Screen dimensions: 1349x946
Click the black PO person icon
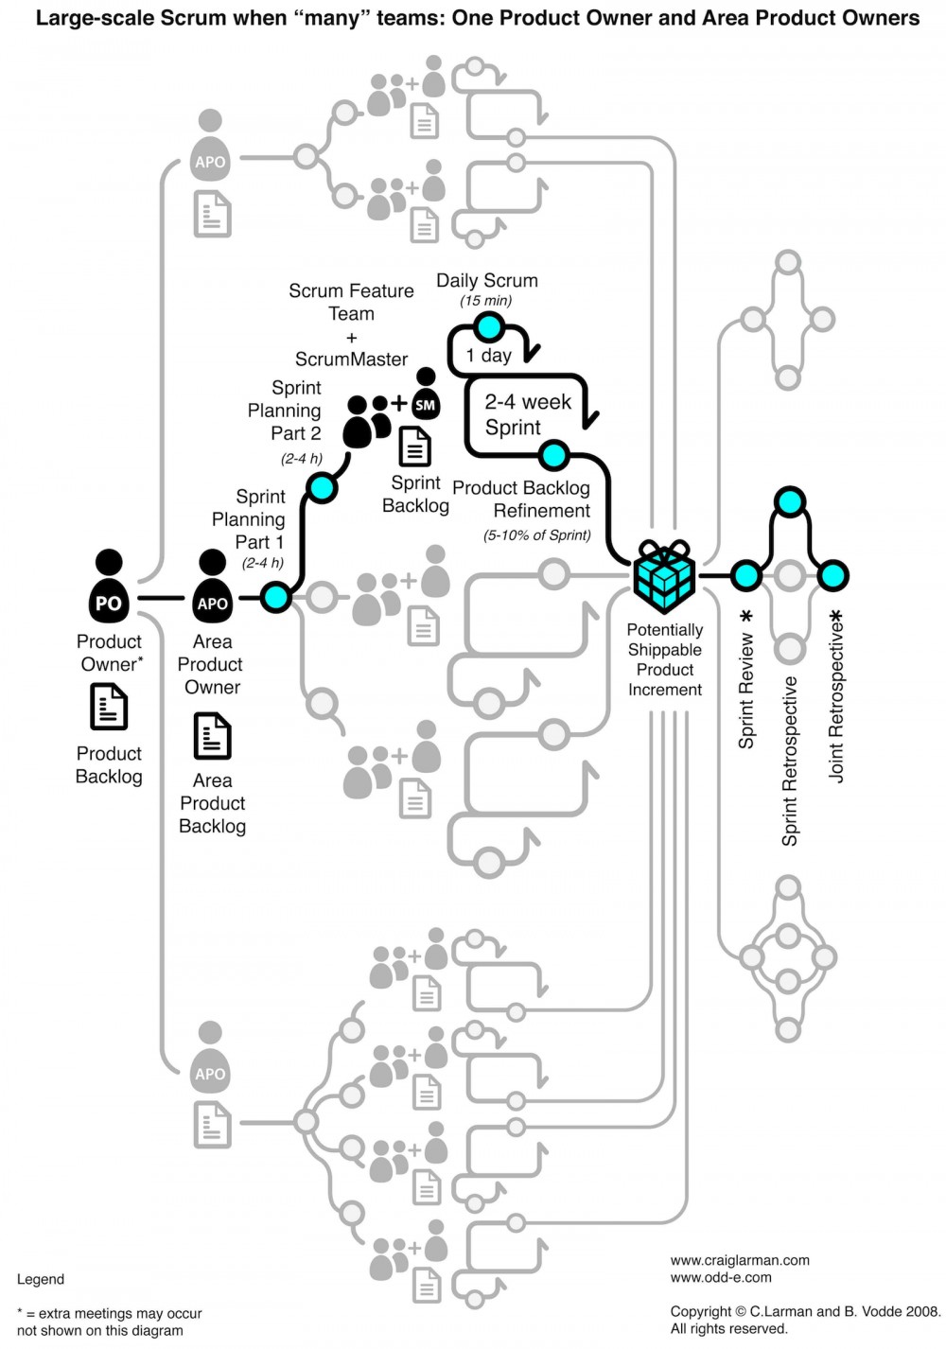click(109, 587)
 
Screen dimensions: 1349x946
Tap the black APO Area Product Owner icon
click(212, 587)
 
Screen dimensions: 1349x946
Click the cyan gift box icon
click(664, 575)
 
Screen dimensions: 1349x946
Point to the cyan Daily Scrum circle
click(489, 327)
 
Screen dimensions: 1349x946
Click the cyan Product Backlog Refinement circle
click(553, 455)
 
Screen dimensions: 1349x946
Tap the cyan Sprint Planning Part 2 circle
click(322, 488)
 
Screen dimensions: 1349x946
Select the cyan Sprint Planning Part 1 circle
click(275, 597)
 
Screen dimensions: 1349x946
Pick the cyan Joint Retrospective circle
click(832, 574)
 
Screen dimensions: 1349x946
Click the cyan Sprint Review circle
click(745, 574)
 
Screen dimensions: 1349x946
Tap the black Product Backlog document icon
click(109, 707)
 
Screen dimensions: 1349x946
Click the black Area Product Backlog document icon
click(212, 735)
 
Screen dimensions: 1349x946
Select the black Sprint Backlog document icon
click(414, 447)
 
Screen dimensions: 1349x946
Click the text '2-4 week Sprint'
click(527, 414)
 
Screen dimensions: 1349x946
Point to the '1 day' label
click(488, 356)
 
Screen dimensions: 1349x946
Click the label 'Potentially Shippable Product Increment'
click(664, 659)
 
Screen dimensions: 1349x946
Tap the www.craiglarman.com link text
click(740, 1260)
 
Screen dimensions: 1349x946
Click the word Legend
click(41, 1279)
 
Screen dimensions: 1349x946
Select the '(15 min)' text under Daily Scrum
click(486, 301)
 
